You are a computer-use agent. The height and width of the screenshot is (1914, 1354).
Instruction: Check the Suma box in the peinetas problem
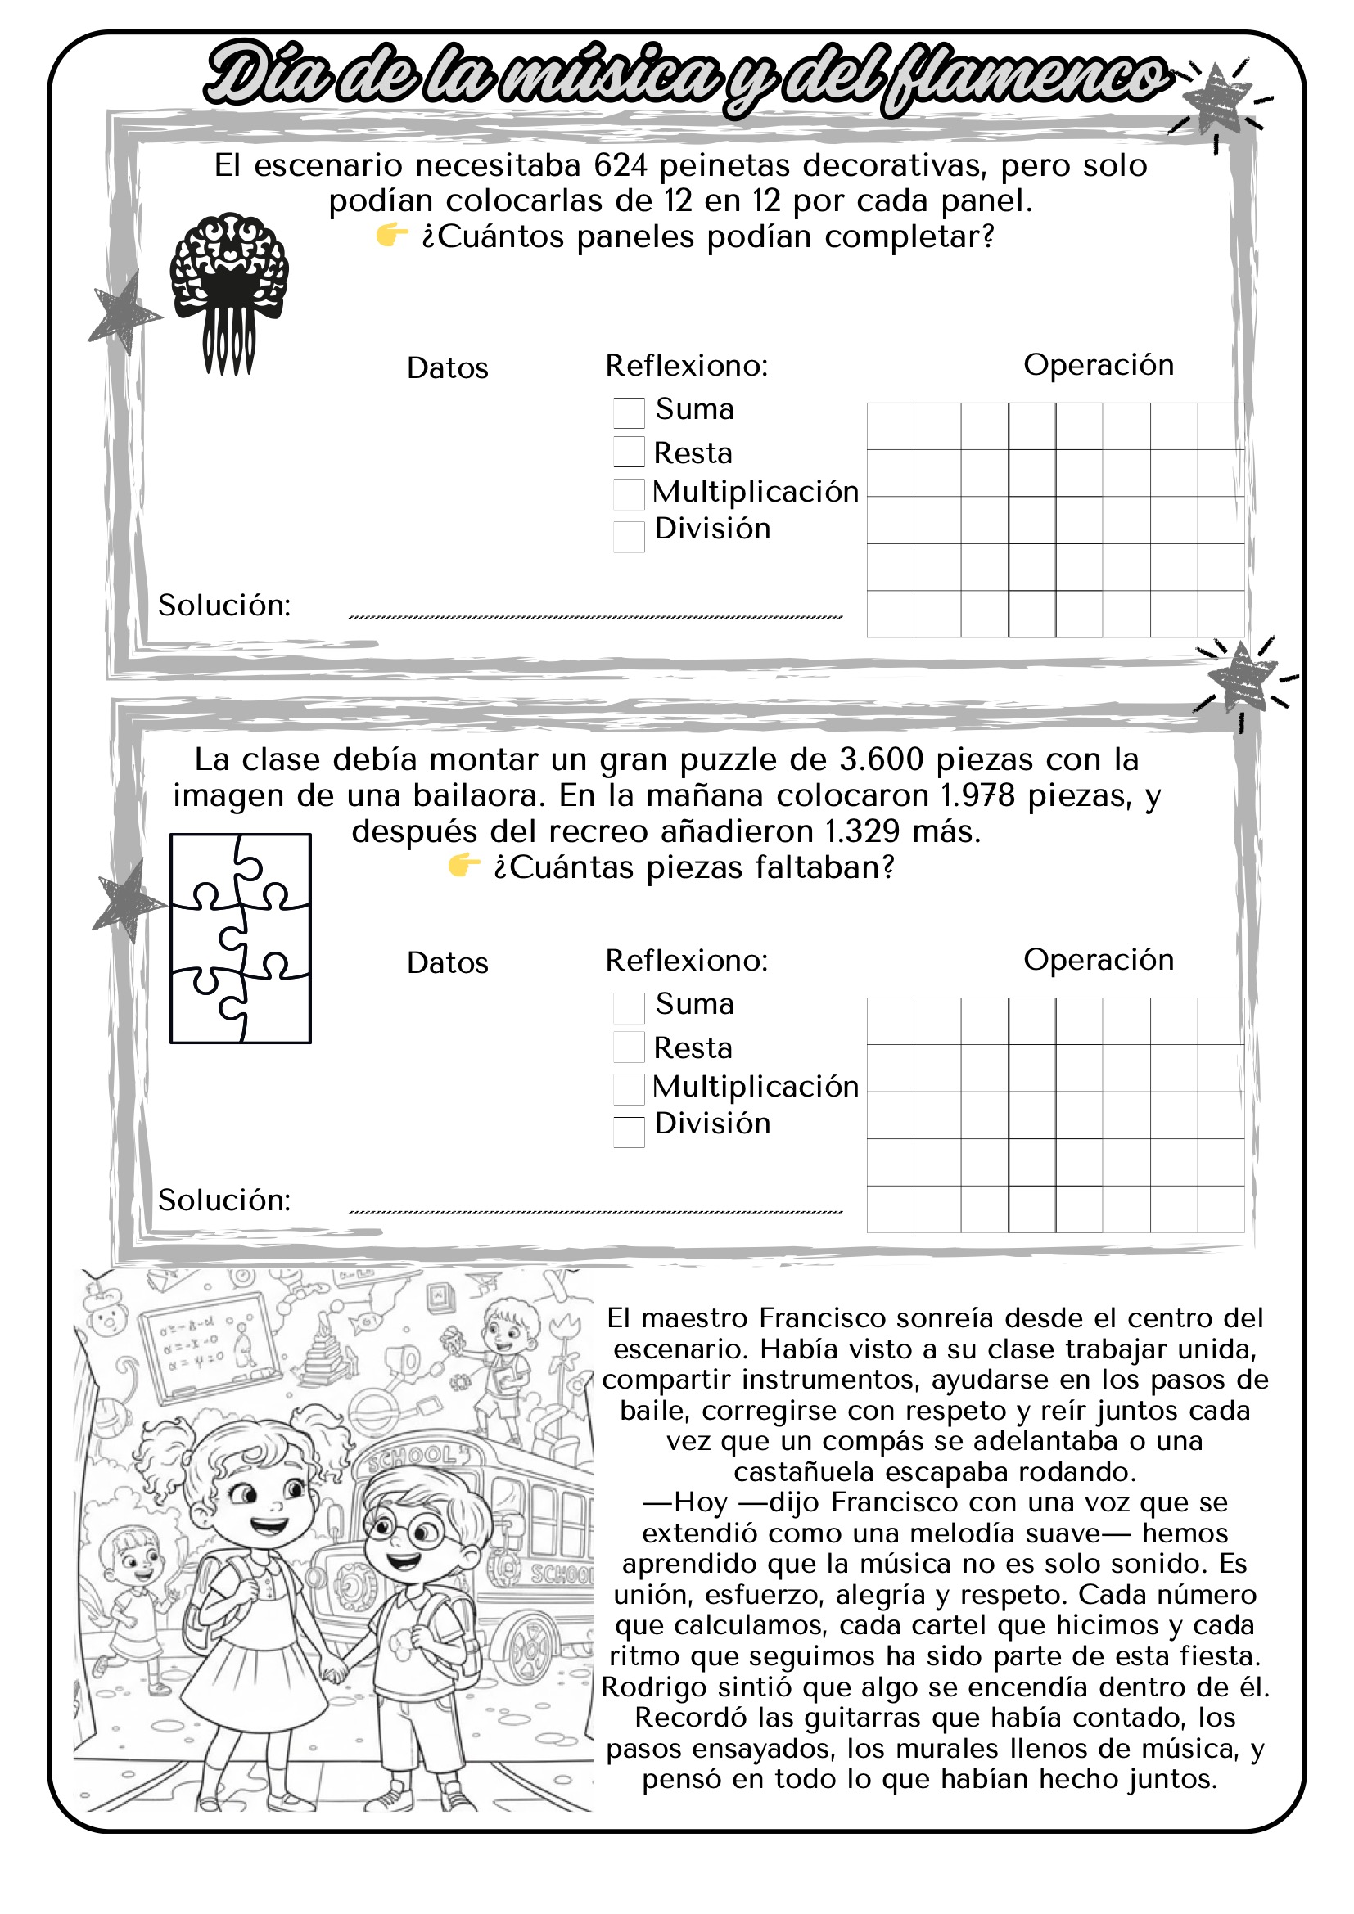(x=629, y=412)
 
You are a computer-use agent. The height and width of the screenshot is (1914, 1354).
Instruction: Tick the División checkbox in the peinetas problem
(x=629, y=537)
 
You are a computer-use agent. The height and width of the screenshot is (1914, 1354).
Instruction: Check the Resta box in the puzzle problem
(x=629, y=1047)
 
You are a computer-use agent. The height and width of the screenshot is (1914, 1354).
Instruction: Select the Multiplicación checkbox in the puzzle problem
(x=629, y=1088)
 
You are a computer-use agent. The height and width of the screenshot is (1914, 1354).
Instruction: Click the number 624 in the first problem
(x=621, y=166)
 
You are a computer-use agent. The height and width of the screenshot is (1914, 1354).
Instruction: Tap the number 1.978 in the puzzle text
(x=977, y=796)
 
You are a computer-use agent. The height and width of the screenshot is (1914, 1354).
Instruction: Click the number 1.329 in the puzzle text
(x=862, y=832)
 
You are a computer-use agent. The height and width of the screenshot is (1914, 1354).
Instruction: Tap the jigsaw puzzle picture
(x=240, y=938)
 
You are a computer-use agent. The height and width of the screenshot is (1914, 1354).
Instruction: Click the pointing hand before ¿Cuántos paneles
(x=391, y=236)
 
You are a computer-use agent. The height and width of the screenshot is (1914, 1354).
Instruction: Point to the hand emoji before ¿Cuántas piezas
(x=463, y=867)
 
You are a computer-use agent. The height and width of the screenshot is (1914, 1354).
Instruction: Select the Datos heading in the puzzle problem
(x=447, y=963)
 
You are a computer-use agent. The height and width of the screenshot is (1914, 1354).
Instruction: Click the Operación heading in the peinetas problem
(x=1098, y=365)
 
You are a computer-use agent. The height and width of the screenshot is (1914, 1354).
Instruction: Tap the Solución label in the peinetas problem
(x=224, y=606)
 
